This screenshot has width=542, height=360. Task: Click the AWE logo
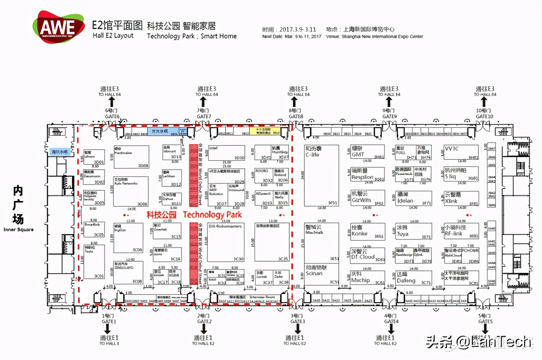coord(59,27)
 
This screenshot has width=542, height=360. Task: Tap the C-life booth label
coord(312,155)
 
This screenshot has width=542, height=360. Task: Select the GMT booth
coord(358,154)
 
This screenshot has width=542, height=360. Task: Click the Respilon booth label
coord(362,177)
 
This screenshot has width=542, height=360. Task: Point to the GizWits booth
coord(361,200)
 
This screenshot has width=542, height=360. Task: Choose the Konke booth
coord(359,233)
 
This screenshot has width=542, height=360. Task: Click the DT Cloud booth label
coord(363,257)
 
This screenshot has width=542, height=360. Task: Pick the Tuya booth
coord(403,234)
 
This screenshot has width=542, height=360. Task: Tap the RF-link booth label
coord(454,233)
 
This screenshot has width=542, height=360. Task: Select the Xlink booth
coord(451,201)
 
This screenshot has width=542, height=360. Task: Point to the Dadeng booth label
coord(406,280)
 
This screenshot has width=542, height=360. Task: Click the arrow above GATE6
coord(112,102)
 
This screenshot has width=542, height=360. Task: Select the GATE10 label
coord(484,116)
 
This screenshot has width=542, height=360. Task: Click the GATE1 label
coord(109,321)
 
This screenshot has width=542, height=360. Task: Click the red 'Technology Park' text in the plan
coord(212,215)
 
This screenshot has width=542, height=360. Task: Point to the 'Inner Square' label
coord(18,229)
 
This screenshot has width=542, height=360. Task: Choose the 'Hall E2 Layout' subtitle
coord(113,35)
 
